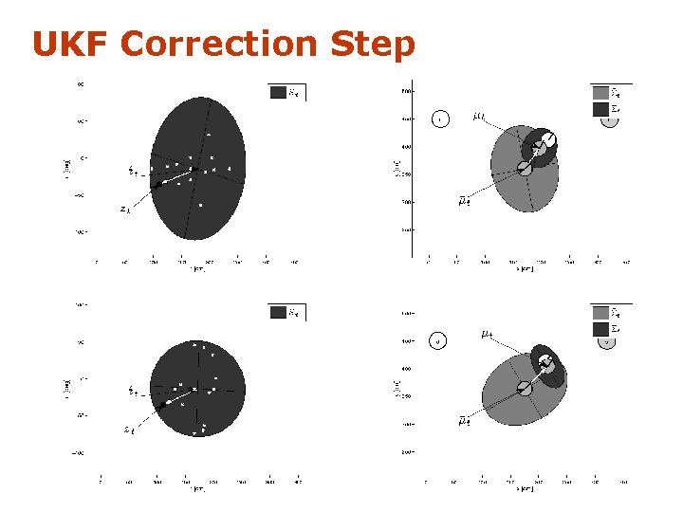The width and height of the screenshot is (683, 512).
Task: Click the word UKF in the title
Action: [x=70, y=45]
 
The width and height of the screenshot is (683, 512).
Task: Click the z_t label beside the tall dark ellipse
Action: [x=125, y=209]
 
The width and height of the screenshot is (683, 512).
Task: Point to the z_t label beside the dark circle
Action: [x=129, y=430]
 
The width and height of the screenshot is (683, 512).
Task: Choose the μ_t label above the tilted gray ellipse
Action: [x=486, y=334]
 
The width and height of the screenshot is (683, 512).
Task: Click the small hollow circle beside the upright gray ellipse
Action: [x=439, y=119]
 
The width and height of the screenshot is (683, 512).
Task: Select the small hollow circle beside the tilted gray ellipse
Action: [x=438, y=341]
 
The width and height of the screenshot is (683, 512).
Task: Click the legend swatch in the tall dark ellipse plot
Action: [x=278, y=93]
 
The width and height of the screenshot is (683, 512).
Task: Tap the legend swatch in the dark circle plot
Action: [x=278, y=312]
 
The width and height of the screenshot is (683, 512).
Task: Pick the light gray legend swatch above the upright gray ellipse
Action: [x=600, y=93]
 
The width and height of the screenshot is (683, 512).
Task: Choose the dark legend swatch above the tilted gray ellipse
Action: [x=600, y=328]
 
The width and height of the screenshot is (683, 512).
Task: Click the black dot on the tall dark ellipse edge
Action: [x=158, y=184]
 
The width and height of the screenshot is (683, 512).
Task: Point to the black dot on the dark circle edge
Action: [x=164, y=405]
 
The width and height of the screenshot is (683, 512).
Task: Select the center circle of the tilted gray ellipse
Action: [x=525, y=388]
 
